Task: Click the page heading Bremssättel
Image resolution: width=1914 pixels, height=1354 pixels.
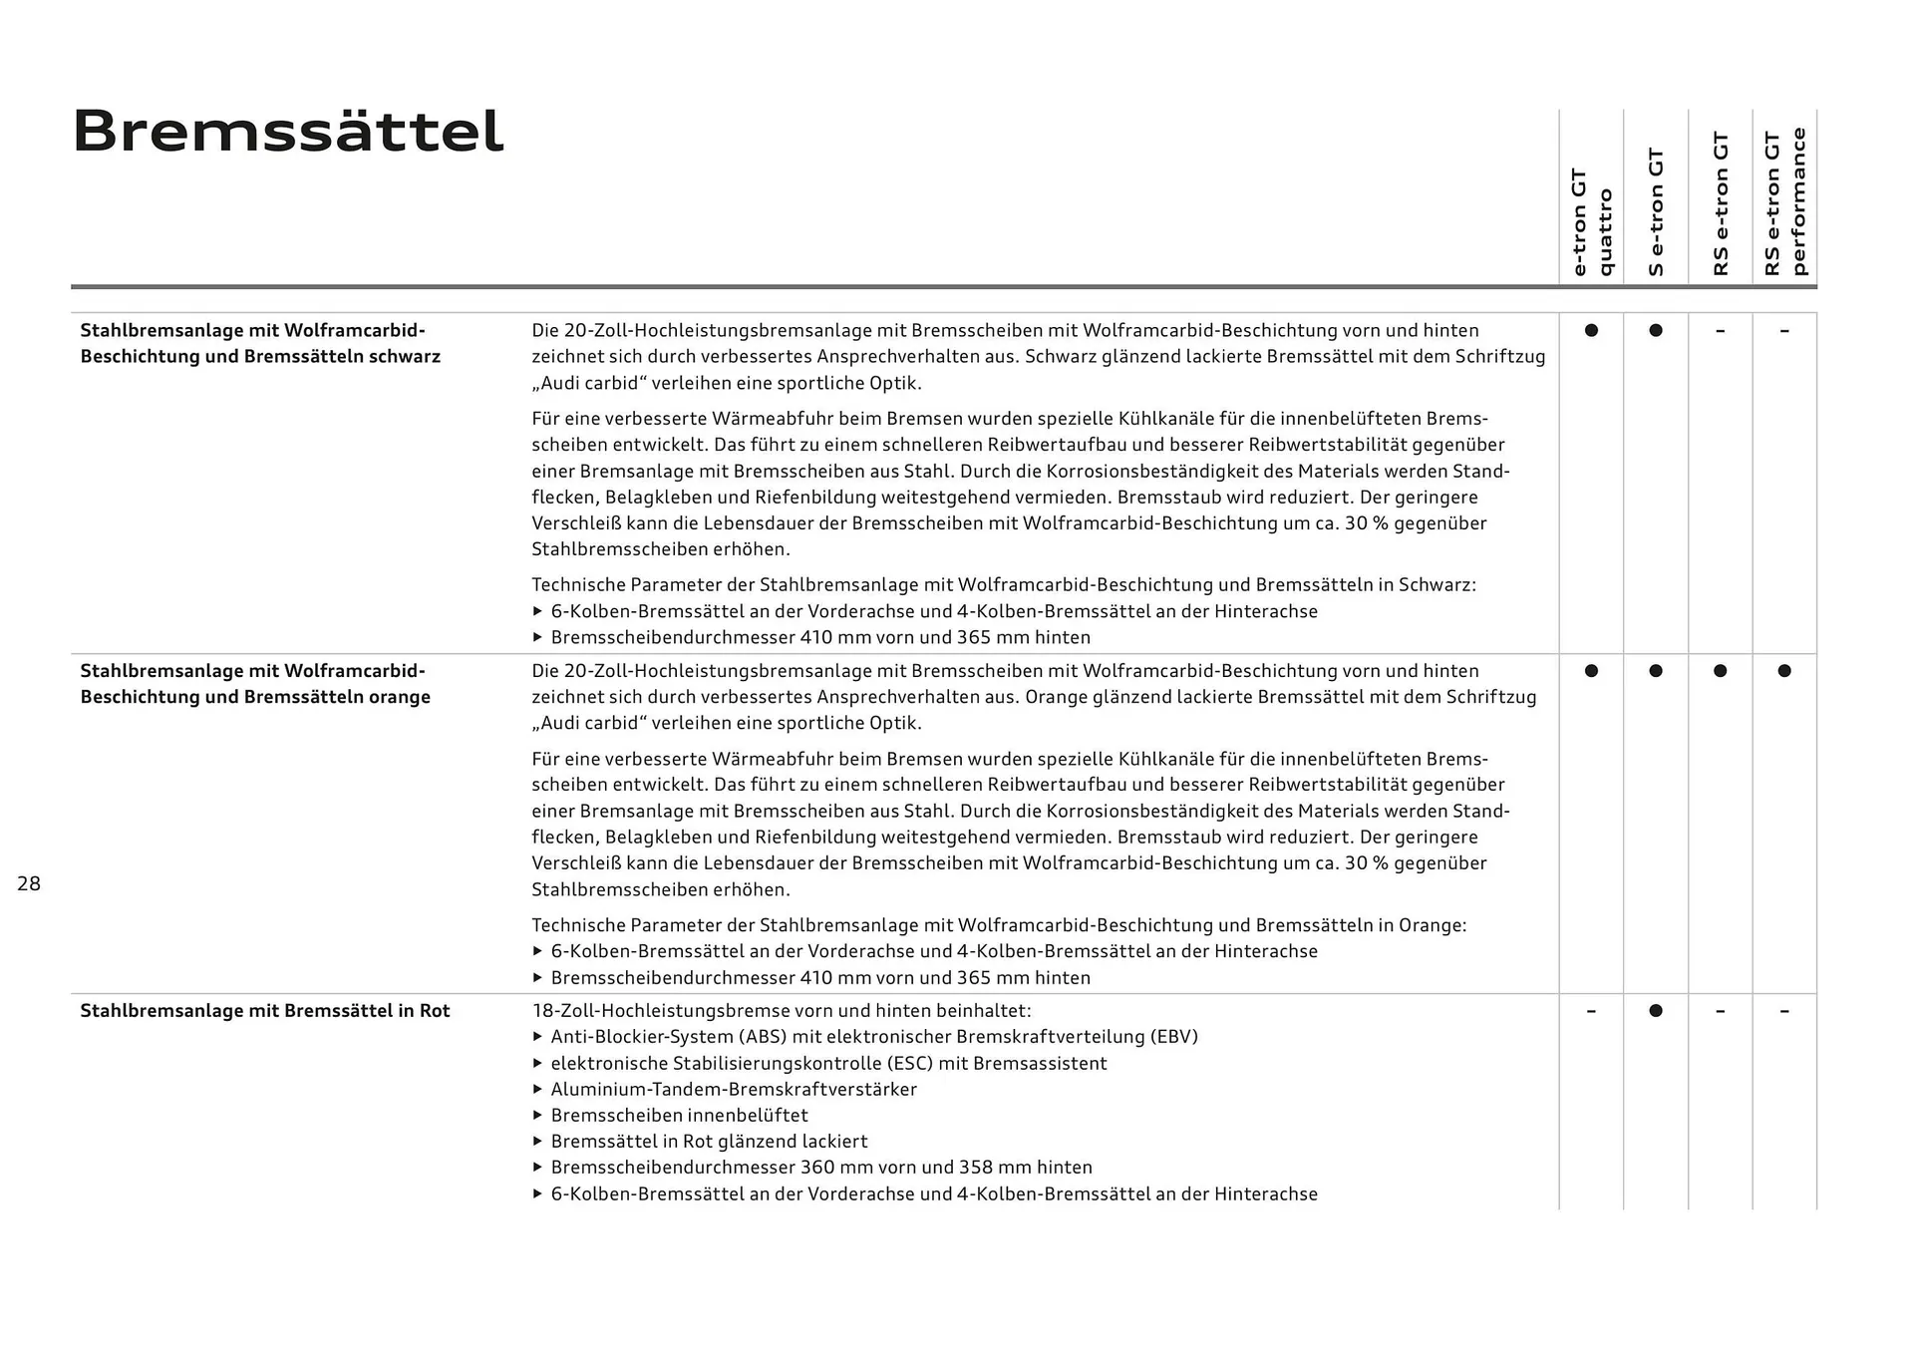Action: tap(288, 132)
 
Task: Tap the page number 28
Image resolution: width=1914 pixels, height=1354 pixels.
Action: tap(29, 883)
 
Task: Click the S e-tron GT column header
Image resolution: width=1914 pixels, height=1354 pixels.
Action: tap(1656, 211)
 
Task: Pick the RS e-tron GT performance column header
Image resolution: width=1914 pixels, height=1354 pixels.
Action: tap(1784, 202)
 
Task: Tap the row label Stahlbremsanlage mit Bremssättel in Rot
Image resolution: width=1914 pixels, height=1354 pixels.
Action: tap(265, 1011)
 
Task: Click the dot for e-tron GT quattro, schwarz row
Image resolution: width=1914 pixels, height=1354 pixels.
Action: tap(1591, 330)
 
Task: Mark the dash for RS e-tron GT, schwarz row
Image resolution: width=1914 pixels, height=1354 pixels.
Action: tap(1720, 330)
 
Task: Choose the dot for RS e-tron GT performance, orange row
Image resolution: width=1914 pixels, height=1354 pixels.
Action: tap(1784, 671)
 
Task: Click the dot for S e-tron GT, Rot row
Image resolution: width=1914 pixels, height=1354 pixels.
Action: tap(1656, 1011)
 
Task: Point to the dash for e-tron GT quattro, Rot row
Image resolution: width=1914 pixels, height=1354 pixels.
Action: tap(1591, 1011)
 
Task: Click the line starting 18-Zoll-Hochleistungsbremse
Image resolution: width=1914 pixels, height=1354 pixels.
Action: tap(782, 1011)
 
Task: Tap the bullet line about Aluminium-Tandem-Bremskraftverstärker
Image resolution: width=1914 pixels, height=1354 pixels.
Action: tap(733, 1090)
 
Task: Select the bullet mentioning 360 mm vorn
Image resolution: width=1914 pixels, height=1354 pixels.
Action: tap(820, 1168)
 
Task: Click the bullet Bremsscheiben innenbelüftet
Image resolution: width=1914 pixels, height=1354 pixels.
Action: tap(679, 1116)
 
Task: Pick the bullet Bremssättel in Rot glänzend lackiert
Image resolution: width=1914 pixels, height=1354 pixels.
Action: tap(709, 1142)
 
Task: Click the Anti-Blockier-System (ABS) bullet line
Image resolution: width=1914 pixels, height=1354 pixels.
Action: tap(873, 1037)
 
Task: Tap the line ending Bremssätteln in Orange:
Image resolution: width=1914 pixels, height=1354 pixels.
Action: tap(999, 925)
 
